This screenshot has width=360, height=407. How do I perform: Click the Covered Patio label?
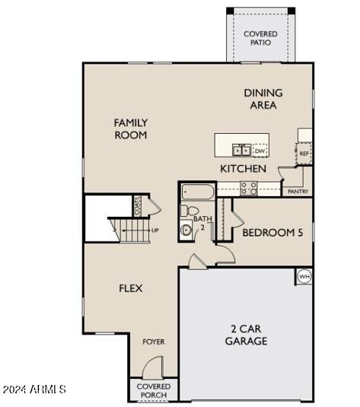click(x=260, y=38)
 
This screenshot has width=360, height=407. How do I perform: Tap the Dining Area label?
click(x=263, y=99)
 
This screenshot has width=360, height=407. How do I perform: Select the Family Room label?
click(x=131, y=129)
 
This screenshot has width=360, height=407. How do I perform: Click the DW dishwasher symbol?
click(x=260, y=151)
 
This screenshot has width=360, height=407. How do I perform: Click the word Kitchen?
click(x=244, y=168)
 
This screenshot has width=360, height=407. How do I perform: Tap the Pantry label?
click(x=297, y=192)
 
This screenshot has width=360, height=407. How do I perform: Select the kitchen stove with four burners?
click(x=249, y=188)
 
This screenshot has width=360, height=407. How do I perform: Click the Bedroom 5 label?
click(x=272, y=233)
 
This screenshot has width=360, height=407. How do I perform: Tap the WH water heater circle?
click(x=304, y=276)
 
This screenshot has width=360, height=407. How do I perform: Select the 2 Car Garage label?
click(x=246, y=335)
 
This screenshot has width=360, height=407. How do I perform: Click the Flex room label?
click(x=131, y=288)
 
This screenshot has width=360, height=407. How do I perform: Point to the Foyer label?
click(x=154, y=342)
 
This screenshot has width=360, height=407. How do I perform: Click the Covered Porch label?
click(x=153, y=390)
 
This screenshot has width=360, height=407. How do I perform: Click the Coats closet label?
click(x=138, y=205)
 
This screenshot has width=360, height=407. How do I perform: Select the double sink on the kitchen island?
click(x=241, y=150)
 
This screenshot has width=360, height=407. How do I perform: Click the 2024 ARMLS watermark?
click(x=34, y=390)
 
